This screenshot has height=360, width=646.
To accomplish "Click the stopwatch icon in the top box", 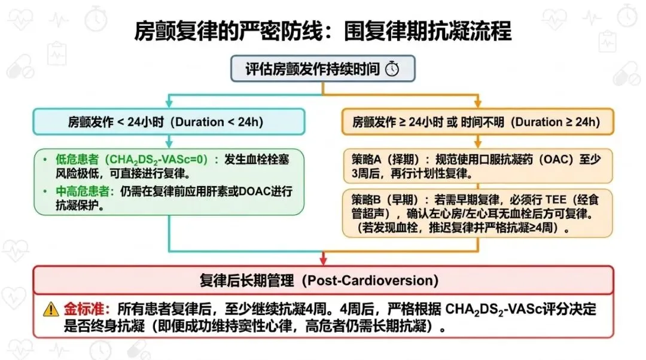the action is (x=392, y=68).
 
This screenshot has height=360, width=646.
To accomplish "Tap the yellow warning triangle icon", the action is (x=51, y=309).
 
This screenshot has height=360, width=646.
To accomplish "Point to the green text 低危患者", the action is (x=77, y=160).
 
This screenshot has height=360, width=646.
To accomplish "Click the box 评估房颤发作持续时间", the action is (x=322, y=68).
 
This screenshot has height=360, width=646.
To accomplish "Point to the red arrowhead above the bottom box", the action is (x=324, y=260).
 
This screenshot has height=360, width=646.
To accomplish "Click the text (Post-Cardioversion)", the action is (x=370, y=280).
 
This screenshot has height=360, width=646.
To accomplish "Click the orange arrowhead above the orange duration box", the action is (x=478, y=103).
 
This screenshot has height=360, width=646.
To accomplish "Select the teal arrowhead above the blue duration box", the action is (x=169, y=103).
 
